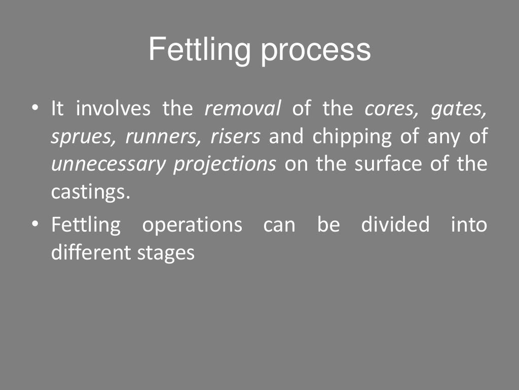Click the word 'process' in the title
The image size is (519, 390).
point(315,51)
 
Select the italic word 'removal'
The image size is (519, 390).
point(243,109)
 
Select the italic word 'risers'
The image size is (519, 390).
point(235,137)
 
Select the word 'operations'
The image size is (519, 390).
point(192,224)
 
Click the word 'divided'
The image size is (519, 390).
point(395,224)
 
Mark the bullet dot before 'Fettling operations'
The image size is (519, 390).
point(34,224)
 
